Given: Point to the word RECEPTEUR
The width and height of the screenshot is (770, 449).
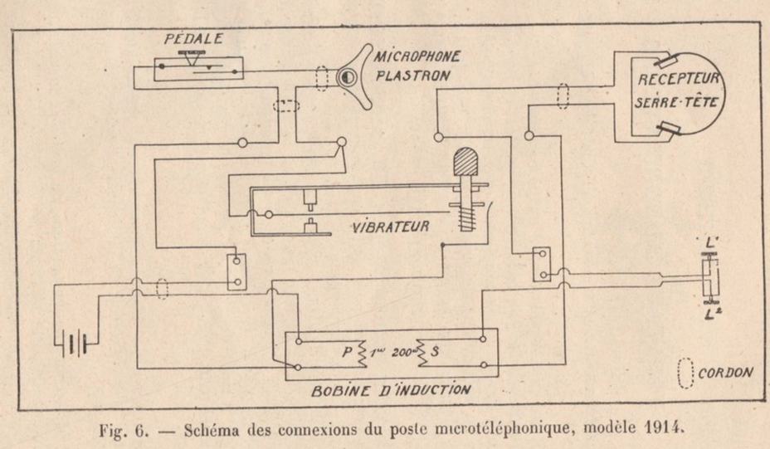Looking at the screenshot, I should tap(679, 81).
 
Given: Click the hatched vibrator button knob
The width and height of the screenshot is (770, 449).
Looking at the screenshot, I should tap(466, 160).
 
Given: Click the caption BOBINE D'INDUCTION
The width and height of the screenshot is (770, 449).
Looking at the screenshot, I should tap(391, 389).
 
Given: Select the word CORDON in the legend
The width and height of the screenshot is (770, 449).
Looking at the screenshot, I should tap(725, 372).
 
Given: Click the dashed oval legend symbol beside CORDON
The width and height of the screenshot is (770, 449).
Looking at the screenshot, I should tap(685, 372).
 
